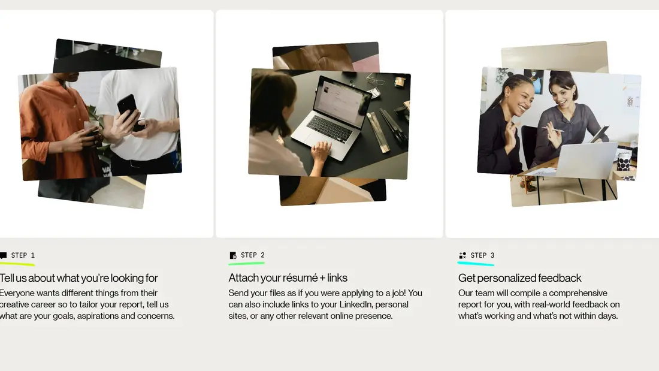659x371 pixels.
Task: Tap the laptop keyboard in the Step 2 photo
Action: [331, 128]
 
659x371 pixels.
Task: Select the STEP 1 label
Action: [23, 255]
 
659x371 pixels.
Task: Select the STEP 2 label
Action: [253, 255]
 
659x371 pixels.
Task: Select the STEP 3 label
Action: [482, 255]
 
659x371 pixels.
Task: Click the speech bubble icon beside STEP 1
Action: [4, 255]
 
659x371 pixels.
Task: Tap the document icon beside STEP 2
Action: [233, 255]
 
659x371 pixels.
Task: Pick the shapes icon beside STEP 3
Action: [462, 255]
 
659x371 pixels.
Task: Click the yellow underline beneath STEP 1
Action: [17, 264]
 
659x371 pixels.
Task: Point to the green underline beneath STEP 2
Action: [246, 263]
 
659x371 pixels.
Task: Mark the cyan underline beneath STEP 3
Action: [476, 264]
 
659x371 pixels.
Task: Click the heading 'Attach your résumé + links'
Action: [288, 278]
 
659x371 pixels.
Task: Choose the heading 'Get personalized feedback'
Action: [519, 278]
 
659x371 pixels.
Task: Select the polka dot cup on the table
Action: [624, 162]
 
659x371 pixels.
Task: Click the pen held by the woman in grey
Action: [553, 129]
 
